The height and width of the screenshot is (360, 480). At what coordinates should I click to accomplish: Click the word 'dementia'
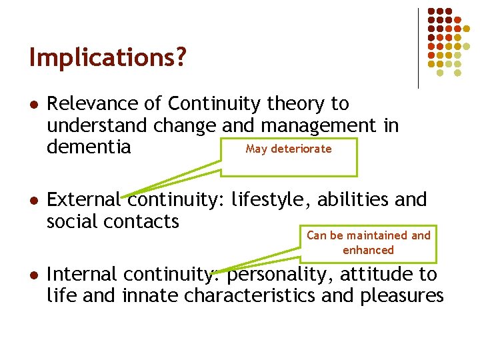89,147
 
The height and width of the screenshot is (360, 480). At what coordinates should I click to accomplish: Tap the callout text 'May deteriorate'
288,149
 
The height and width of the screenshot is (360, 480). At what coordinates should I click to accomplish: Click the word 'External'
84,199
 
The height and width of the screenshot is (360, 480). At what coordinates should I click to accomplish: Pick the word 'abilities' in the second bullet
355,199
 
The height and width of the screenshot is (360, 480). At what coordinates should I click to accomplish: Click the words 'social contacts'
113,221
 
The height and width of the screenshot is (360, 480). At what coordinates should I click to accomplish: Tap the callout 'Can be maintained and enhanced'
369,243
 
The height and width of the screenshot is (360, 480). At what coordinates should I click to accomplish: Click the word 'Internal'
81,274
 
